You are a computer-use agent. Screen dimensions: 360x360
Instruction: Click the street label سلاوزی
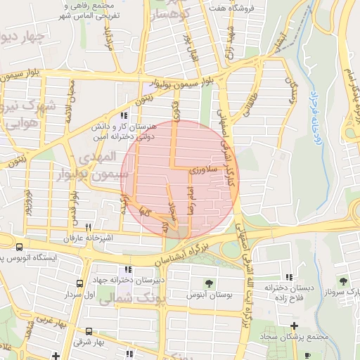coord(205,170)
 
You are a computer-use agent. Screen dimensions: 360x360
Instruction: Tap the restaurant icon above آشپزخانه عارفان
coord(88,227)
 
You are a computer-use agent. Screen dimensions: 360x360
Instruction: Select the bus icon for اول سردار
coord(79,284)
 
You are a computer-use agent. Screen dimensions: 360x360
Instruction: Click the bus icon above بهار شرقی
coord(89,331)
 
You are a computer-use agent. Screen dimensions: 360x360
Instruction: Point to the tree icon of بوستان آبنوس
coord(209,283)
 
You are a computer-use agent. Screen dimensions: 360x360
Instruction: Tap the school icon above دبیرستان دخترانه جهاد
coord(127,269)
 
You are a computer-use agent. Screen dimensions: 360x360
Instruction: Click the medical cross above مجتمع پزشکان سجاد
coord(294,326)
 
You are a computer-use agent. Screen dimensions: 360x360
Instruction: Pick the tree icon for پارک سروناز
coord(343,281)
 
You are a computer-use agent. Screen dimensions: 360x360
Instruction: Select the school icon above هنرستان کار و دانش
coord(124,115)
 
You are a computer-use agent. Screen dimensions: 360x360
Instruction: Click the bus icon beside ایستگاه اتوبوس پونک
coord(19,247)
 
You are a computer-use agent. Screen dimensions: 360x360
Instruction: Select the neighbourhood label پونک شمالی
coord(134,299)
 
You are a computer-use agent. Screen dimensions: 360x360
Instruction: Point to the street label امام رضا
coord(190,200)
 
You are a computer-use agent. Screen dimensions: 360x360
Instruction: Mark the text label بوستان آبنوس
coord(209,295)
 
